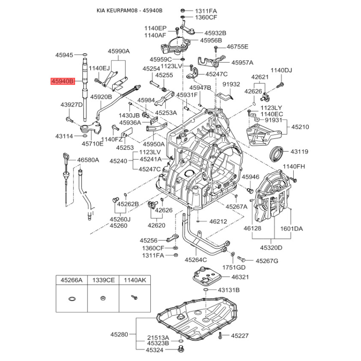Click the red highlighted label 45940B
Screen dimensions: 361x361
[x=62, y=82]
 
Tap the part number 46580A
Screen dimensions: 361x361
[x=88, y=160]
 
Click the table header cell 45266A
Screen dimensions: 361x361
[x=72, y=280]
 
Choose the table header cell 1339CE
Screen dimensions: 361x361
[x=103, y=280]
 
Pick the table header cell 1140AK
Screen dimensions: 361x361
[x=134, y=280]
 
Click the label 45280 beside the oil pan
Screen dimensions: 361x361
[x=120, y=335]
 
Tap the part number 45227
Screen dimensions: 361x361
[x=240, y=335]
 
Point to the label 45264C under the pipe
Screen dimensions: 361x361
[x=195, y=259]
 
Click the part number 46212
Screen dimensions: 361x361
[x=218, y=222]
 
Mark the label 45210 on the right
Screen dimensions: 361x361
[x=300, y=127]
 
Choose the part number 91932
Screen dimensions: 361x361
[x=231, y=84]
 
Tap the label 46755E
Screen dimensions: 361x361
[x=237, y=46]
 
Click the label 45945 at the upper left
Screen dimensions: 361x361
[x=64, y=55]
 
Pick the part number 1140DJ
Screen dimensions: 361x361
[x=281, y=70]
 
